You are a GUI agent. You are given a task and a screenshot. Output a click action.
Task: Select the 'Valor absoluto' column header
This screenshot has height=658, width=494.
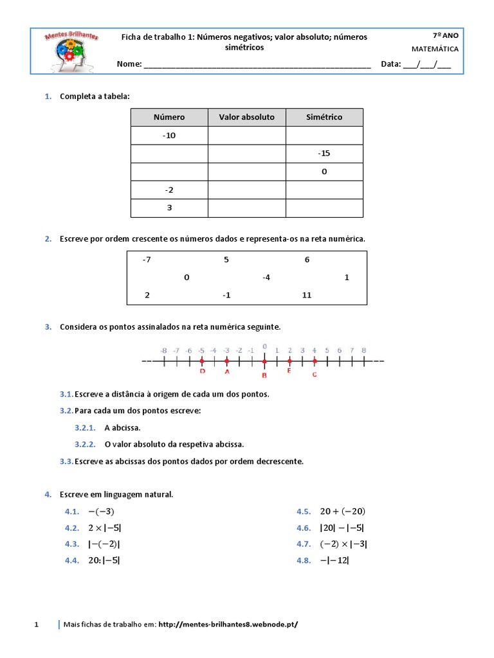click(x=246, y=117)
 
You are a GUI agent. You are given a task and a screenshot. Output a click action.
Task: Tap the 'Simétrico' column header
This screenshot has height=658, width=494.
click(x=324, y=117)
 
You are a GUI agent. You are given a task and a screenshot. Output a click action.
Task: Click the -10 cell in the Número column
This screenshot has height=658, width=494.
click(x=169, y=136)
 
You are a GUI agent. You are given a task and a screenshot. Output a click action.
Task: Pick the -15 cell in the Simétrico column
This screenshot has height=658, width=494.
click(x=324, y=154)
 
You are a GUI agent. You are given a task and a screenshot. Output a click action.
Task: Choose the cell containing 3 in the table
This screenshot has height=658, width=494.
click(x=169, y=208)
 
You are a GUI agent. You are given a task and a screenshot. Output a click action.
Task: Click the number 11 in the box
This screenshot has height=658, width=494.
click(x=306, y=295)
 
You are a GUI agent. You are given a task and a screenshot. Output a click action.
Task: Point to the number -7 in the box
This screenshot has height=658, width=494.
click(x=147, y=260)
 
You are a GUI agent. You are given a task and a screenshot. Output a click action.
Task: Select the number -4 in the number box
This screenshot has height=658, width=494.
click(x=266, y=278)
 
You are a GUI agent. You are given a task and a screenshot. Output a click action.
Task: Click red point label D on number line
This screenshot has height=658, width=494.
click(x=202, y=371)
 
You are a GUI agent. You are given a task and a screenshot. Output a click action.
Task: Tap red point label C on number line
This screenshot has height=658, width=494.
click(x=315, y=375)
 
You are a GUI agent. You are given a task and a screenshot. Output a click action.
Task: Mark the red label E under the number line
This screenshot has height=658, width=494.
click(x=289, y=371)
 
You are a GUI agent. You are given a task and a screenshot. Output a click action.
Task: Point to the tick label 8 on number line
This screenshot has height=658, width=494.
click(x=364, y=350)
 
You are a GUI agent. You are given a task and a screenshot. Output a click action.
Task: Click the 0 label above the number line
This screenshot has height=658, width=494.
click(x=264, y=346)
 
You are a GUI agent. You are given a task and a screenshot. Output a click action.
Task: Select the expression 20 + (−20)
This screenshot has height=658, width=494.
click(x=342, y=511)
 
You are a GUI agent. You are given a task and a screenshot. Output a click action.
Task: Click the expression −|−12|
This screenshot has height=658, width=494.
click(x=334, y=560)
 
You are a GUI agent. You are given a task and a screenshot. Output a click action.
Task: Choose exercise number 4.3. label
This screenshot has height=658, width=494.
click(x=71, y=544)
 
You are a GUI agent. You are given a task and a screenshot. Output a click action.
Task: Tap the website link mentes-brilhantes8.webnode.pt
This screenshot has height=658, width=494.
click(x=228, y=624)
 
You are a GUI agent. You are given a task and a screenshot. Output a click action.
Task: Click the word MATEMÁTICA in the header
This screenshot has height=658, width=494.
click(x=435, y=49)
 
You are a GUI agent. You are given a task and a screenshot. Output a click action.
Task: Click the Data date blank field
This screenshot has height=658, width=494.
click(x=426, y=64)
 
